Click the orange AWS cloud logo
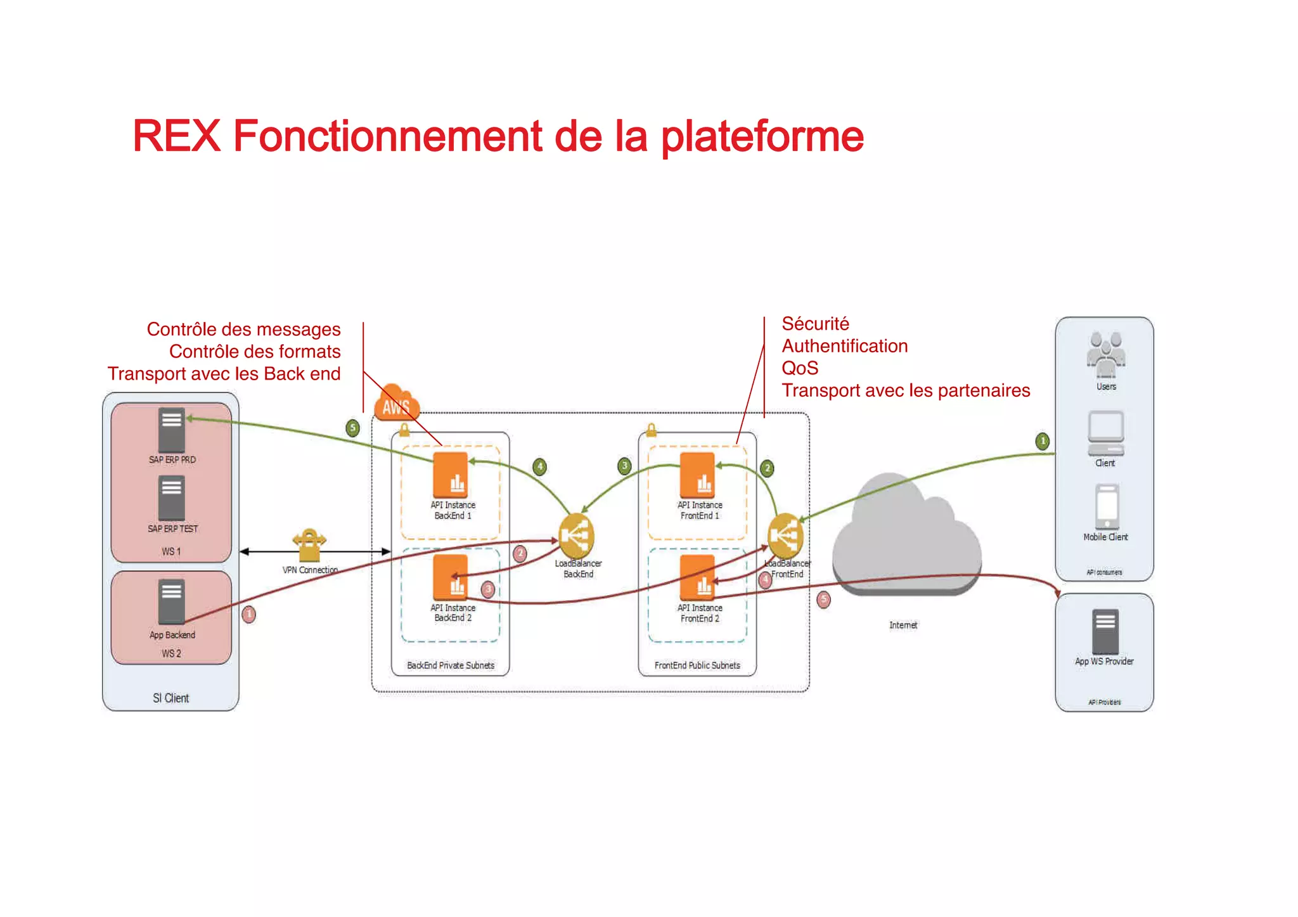pyautogui.click(x=397, y=404)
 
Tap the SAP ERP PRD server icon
pyautogui.click(x=171, y=429)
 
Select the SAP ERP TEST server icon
pyautogui.click(x=171, y=497)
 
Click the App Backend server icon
pyautogui.click(x=171, y=601)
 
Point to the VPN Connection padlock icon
pyautogui.click(x=309, y=545)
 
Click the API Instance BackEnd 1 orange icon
pyautogui.click(x=451, y=475)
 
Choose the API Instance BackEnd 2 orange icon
pyautogui.click(x=451, y=577)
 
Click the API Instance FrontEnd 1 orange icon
pyautogui.click(x=697, y=475)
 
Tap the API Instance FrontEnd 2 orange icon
pyautogui.click(x=697, y=577)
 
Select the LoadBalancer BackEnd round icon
pyautogui.click(x=576, y=536)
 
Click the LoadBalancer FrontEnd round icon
pyautogui.click(x=785, y=536)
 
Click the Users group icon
pyautogui.click(x=1106, y=354)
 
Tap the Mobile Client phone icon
pyautogui.click(x=1107, y=506)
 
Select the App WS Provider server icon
pyautogui.click(x=1105, y=631)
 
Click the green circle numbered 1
pyautogui.click(x=1043, y=441)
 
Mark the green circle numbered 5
pyautogui.click(x=353, y=428)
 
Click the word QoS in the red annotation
pyautogui.click(x=800, y=368)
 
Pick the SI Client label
pyautogui.click(x=170, y=698)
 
